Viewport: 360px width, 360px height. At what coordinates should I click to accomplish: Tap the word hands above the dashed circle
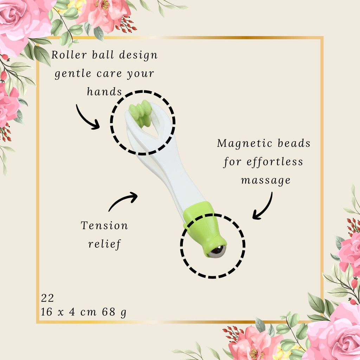(104, 91)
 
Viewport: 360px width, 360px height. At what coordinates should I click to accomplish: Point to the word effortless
(275, 162)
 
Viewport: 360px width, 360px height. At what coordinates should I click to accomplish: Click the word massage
(266, 180)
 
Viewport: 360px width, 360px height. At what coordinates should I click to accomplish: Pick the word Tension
(104, 225)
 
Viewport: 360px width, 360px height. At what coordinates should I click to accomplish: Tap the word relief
(104, 244)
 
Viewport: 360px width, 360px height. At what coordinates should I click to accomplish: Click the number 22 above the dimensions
(47, 298)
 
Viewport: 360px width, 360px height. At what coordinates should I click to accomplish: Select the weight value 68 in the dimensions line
(109, 312)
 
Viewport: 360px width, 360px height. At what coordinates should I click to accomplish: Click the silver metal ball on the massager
(217, 252)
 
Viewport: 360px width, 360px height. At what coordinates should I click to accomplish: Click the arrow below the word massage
(264, 207)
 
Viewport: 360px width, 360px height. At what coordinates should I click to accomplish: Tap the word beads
(294, 143)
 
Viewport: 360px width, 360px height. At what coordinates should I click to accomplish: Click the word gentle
(73, 74)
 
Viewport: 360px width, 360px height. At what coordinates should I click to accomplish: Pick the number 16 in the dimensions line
(47, 312)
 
